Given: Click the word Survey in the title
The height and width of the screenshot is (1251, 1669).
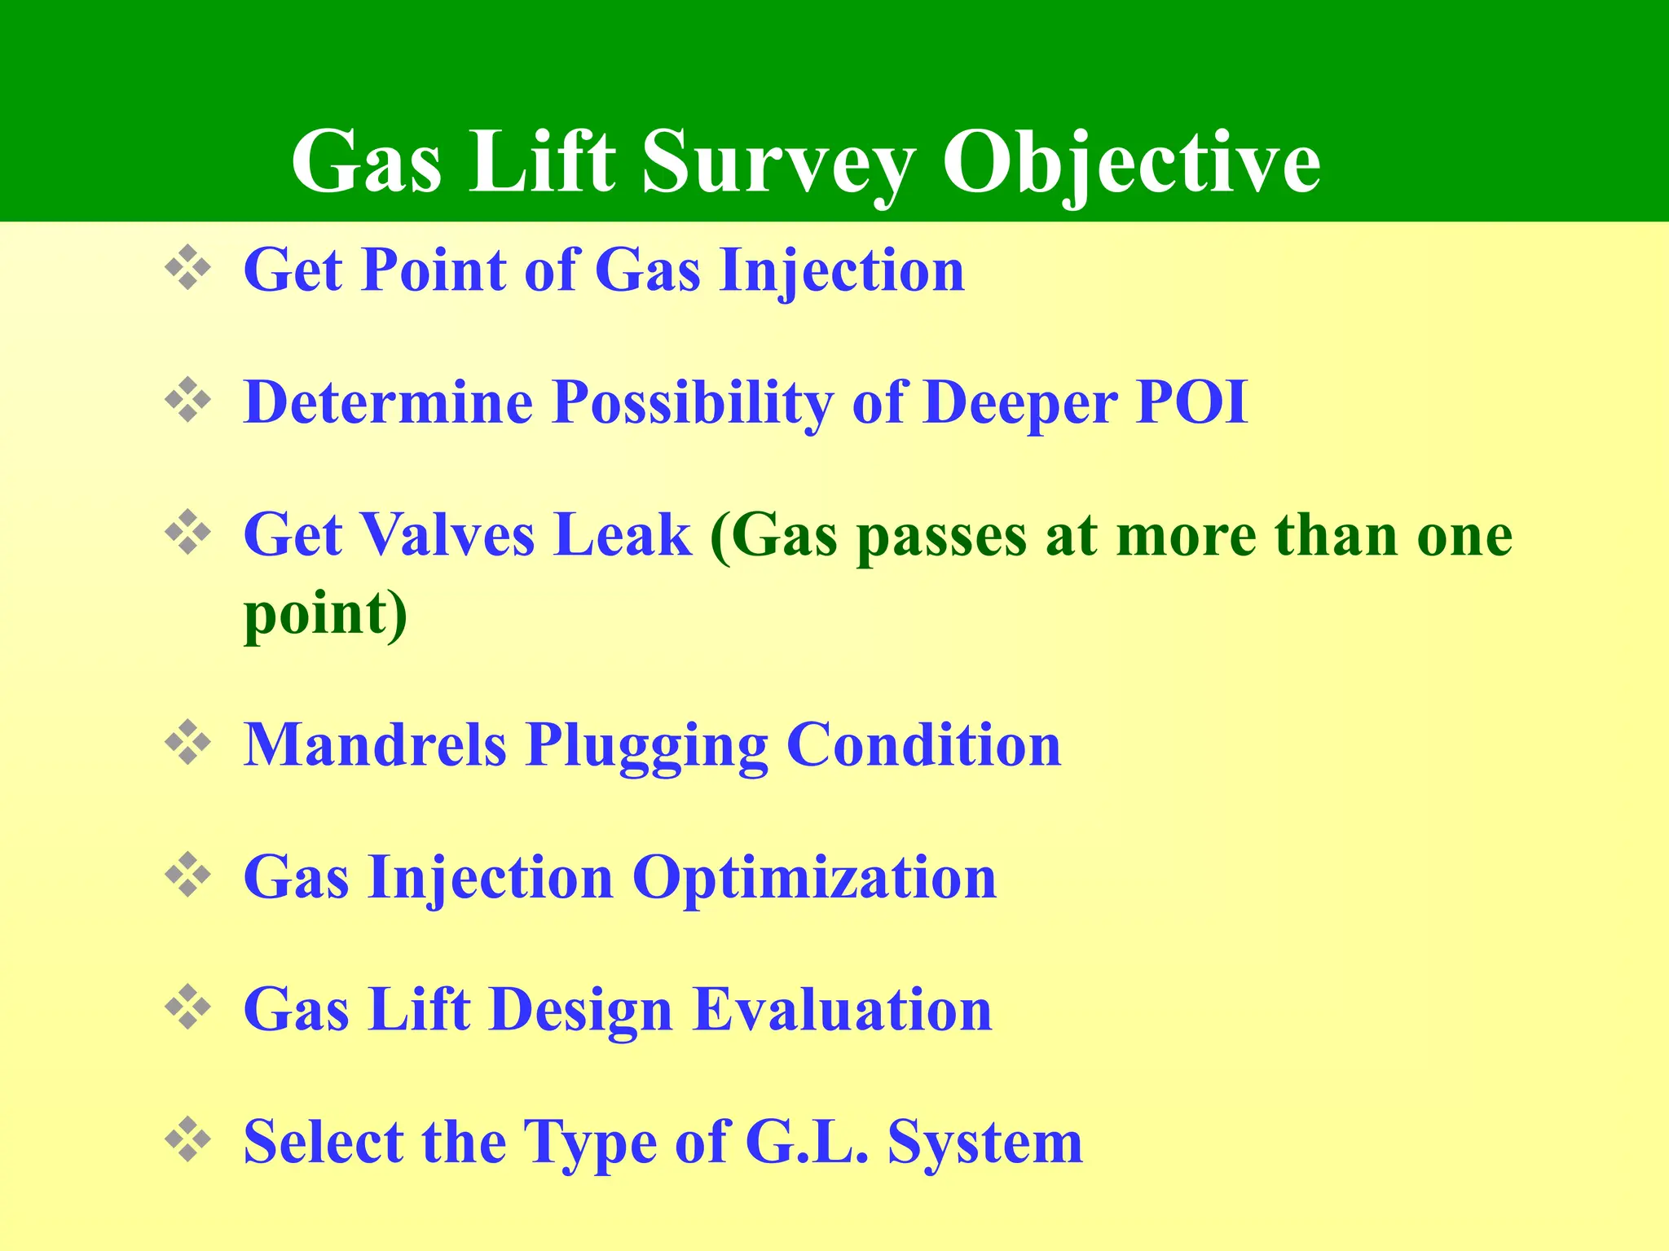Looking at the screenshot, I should click(x=778, y=163).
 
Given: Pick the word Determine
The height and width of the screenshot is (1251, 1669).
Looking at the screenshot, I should click(x=388, y=402).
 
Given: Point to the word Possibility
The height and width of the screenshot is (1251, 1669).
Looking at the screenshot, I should click(x=693, y=402).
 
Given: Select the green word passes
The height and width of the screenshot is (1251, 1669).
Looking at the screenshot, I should click(x=942, y=538).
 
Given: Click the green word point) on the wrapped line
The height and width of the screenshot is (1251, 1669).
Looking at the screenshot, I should click(x=325, y=614).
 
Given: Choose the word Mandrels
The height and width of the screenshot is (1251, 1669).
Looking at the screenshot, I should click(x=375, y=744).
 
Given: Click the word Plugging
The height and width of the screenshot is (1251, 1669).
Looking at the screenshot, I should click(x=646, y=746).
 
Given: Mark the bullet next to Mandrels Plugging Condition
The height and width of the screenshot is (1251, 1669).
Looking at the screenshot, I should click(x=188, y=742).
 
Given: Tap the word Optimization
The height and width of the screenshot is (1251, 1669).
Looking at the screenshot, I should click(x=814, y=878).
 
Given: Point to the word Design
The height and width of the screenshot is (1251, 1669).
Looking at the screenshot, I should click(x=582, y=1011).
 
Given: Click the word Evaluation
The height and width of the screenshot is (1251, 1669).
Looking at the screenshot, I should click(x=843, y=1009).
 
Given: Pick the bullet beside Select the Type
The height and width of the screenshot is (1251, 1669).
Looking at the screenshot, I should click(x=188, y=1139).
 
